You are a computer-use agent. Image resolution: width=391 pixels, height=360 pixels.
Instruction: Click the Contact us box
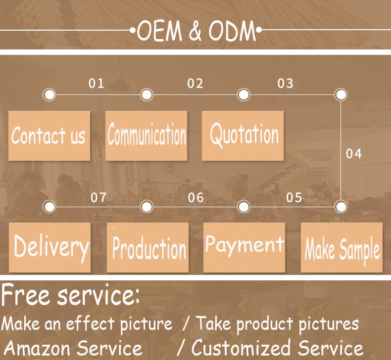(49, 135)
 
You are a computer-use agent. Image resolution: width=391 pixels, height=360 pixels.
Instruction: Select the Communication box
(146, 135)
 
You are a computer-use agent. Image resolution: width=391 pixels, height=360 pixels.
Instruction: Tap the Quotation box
(243, 135)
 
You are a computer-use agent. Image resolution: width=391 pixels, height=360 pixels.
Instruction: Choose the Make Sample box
(342, 247)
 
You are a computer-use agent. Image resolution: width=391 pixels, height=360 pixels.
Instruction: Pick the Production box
(147, 247)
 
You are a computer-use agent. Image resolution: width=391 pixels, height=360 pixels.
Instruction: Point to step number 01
(97, 83)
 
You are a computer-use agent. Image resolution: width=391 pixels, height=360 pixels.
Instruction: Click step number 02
(195, 83)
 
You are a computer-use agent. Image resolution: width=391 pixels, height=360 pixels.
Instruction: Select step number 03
(285, 83)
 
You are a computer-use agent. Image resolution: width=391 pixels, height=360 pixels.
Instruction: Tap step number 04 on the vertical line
(354, 154)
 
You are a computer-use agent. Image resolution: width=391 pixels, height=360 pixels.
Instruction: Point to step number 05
(294, 198)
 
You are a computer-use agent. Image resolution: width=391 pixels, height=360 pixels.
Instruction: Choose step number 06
(196, 198)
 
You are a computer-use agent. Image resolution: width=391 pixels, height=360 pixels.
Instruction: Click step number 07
(98, 198)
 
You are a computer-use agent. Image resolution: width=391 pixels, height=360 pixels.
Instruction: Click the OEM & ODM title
(196, 32)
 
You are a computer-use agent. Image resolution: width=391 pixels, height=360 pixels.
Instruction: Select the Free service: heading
(71, 296)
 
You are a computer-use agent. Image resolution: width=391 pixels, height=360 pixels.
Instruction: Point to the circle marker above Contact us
(49, 94)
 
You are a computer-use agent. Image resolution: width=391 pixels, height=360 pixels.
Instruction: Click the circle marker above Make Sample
(341, 206)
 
